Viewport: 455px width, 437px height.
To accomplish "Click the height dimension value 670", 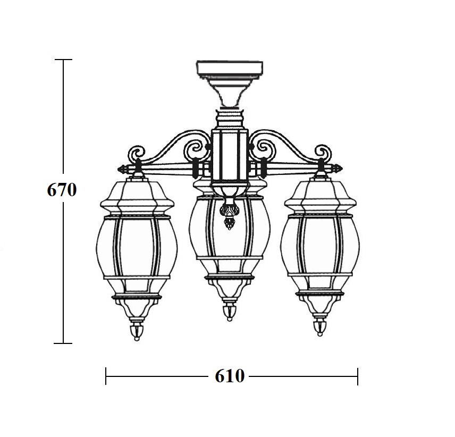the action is pos(62,190).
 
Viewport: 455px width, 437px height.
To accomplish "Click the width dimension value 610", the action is pos(230,376).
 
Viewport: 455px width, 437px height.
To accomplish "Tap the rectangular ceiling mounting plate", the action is pos(230,68).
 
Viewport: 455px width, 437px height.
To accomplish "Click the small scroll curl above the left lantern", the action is pos(137,153).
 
